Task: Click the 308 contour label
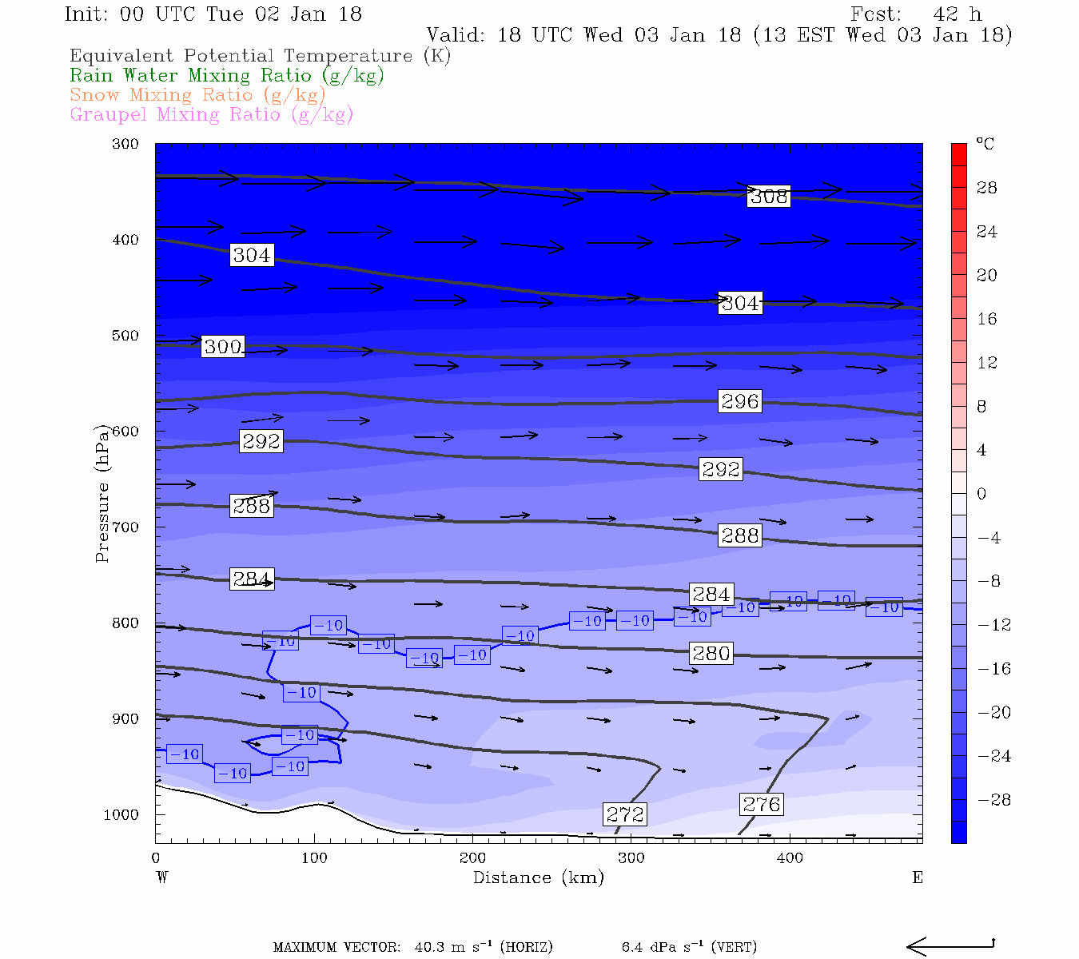click(769, 197)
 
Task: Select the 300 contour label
click(223, 347)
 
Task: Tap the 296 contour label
click(739, 401)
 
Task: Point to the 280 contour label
click(711, 654)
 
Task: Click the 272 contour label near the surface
click(625, 814)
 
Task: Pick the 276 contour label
click(761, 804)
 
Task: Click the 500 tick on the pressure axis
click(125, 336)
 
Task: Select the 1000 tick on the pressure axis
click(121, 815)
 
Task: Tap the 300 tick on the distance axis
click(631, 858)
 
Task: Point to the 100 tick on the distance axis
click(314, 858)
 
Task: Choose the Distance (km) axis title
click(538, 877)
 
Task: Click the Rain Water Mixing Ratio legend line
click(227, 76)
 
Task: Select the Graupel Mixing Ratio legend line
click(212, 115)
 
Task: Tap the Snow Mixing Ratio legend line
click(197, 95)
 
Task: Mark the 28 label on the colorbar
click(987, 188)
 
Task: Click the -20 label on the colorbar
click(992, 713)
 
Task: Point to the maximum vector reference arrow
click(950, 946)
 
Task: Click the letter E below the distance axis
click(918, 877)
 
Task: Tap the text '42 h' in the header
click(957, 14)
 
